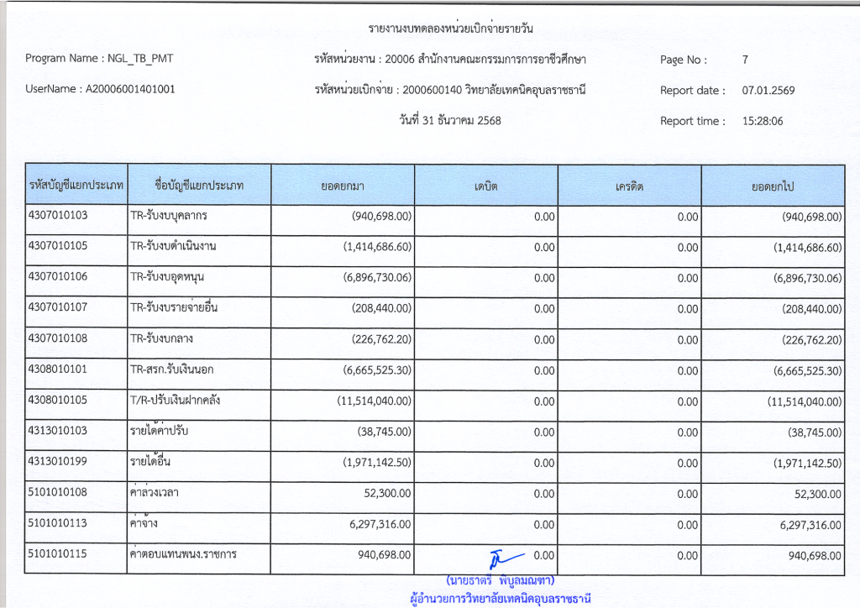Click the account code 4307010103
coord(64,215)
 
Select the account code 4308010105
coord(64,400)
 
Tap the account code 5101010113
coord(64,523)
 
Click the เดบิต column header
coord(485,185)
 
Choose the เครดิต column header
coord(629,185)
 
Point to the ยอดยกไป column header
coord(773,185)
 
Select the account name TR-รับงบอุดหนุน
coord(168,277)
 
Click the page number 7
coord(745,60)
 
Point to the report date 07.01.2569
coord(768,91)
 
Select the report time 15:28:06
coord(763,121)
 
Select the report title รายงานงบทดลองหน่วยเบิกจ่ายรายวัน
coord(451,29)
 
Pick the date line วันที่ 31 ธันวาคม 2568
coord(450,120)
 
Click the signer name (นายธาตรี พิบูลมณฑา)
coord(501,580)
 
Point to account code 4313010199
coord(64,461)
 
